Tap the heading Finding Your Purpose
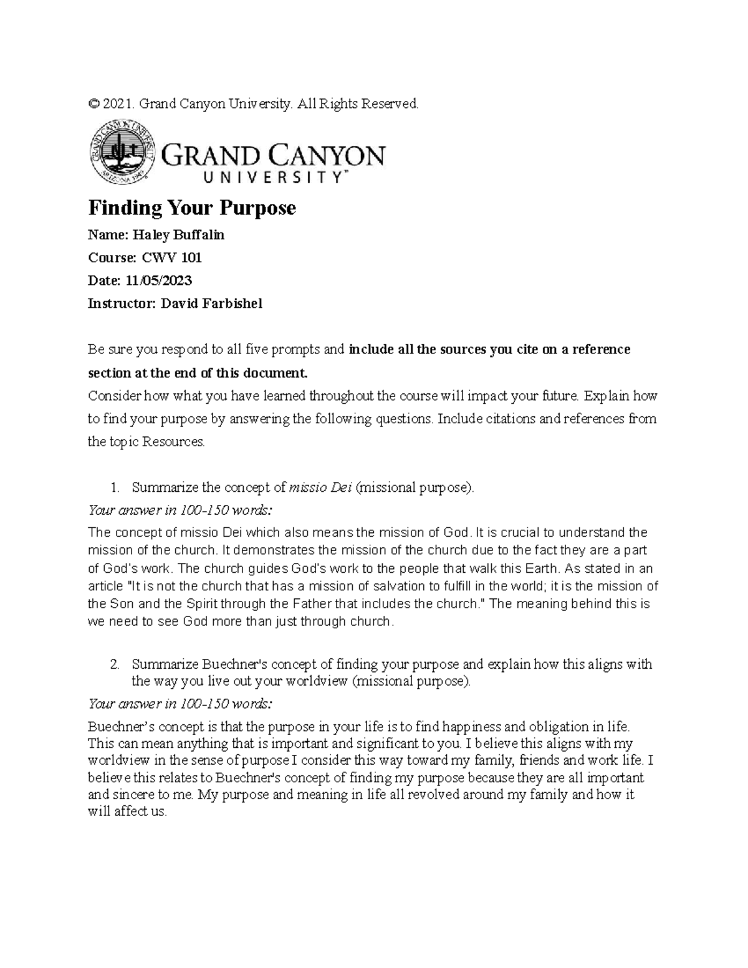pos(192,208)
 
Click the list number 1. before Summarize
pos(113,487)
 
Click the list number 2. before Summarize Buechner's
pos(113,664)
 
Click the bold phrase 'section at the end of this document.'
pos(198,373)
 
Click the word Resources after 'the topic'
pos(173,442)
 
